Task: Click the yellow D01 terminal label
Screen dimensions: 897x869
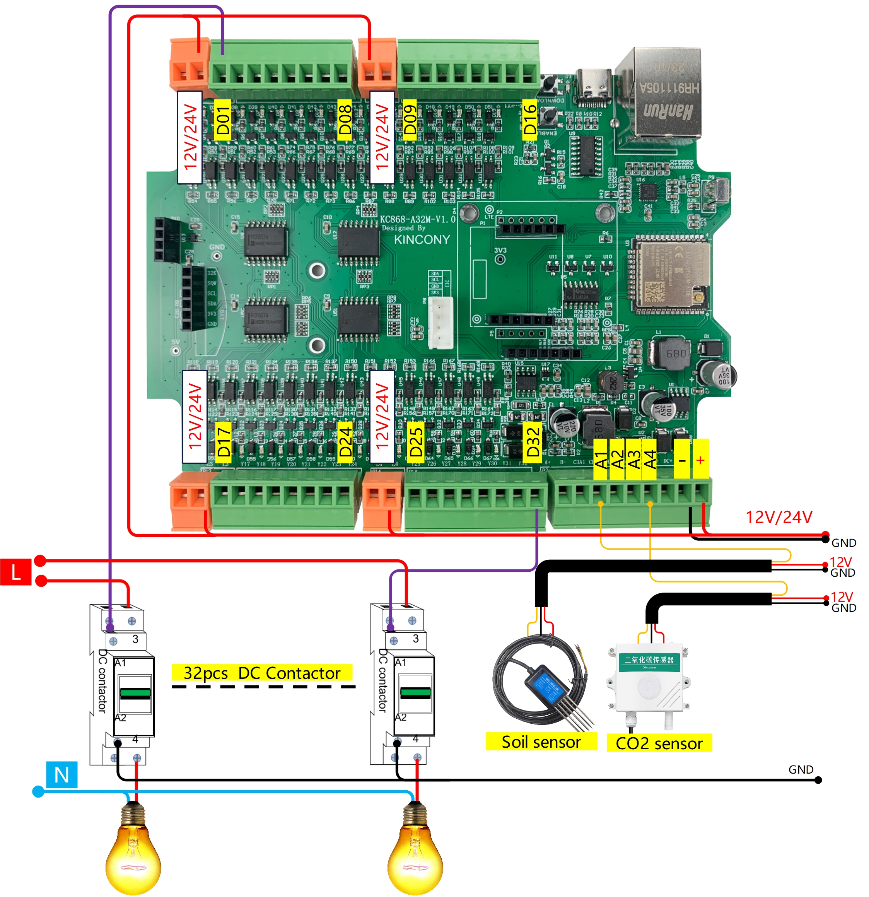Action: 222,120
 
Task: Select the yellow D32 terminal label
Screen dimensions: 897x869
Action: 533,442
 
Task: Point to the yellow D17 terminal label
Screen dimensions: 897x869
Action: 223,441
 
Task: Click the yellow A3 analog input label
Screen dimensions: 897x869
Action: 634,460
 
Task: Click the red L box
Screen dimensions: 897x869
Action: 15,572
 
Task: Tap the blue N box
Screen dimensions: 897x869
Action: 62,775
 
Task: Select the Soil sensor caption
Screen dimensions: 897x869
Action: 541,742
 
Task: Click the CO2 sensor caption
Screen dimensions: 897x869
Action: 659,743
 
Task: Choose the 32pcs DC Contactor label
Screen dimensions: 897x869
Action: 262,673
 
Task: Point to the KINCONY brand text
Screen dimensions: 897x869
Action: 422,239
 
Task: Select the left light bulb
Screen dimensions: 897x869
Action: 133,851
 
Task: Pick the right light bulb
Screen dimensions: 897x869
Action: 415,851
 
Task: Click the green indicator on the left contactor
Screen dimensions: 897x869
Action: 135,693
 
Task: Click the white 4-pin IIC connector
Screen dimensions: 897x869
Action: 440,322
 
